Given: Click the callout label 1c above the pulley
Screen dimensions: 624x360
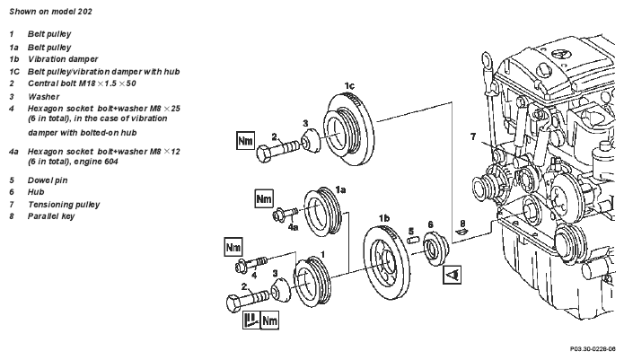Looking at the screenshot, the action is (349, 86).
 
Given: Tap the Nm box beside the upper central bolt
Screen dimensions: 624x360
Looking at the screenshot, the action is (245, 140).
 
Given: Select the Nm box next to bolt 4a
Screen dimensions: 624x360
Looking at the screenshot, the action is (264, 198).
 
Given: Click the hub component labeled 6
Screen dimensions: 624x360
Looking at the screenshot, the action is (435, 249).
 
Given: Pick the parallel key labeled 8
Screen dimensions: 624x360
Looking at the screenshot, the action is (462, 232).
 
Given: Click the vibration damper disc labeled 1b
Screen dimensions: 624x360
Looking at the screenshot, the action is (385, 262).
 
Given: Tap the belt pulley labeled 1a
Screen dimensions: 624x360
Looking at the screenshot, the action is (322, 212).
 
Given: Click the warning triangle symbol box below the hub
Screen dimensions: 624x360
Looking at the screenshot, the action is (453, 275).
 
